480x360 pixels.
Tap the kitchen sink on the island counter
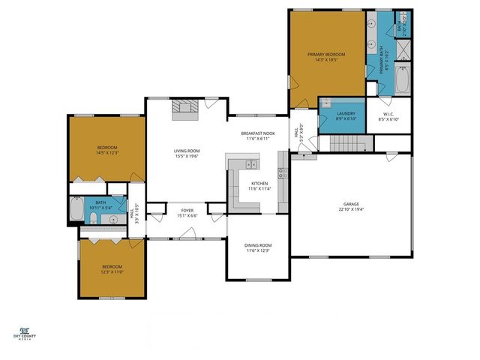coord(251,163)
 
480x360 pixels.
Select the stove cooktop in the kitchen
coord(283,172)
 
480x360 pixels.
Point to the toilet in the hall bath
coord(89,218)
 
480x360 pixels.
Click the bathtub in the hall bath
coord(78,209)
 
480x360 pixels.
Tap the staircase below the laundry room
coord(347,143)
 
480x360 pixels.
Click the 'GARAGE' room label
coord(351,203)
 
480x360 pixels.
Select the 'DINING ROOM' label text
coord(258,245)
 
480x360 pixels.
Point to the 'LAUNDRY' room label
coord(335,113)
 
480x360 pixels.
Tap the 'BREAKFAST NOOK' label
coord(258,133)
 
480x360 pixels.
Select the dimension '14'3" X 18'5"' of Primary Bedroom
coord(326,61)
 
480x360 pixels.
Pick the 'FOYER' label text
coord(187,211)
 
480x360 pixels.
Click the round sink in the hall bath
coord(113,220)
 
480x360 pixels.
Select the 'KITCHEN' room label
coord(259,183)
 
